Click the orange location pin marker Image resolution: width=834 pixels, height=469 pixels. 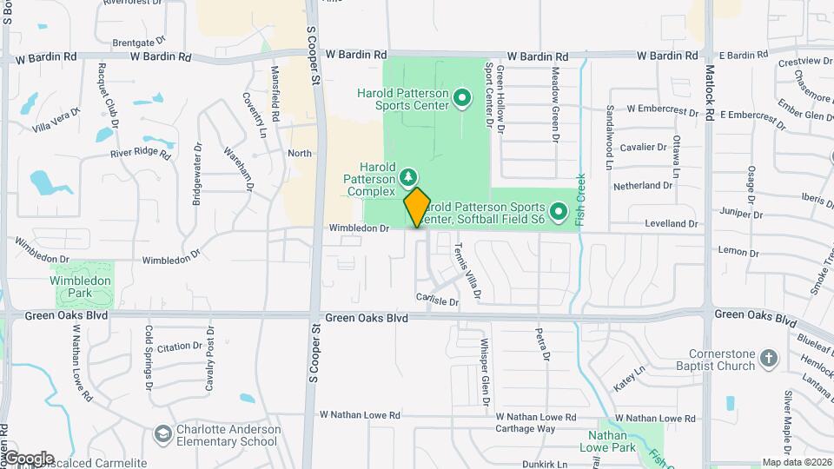click(417, 207)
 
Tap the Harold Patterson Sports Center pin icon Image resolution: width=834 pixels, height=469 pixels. click(462, 100)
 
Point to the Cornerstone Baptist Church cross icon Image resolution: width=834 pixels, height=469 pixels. click(768, 357)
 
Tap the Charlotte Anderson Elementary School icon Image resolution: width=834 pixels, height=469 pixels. click(162, 433)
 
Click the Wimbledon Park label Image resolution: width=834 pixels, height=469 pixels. click(80, 287)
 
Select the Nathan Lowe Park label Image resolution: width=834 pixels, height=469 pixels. click(619, 441)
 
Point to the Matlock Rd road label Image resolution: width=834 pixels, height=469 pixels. click(709, 96)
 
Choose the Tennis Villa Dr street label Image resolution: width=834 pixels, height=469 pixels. click(465, 271)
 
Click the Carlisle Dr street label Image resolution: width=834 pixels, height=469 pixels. click(437, 301)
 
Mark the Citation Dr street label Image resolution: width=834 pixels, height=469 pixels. click(179, 347)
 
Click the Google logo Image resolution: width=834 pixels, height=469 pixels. click(28, 459)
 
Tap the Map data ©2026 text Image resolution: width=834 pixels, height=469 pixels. click(797, 462)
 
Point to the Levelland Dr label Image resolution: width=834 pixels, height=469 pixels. click(672, 223)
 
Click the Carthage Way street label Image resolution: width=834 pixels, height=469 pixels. click(525, 428)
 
